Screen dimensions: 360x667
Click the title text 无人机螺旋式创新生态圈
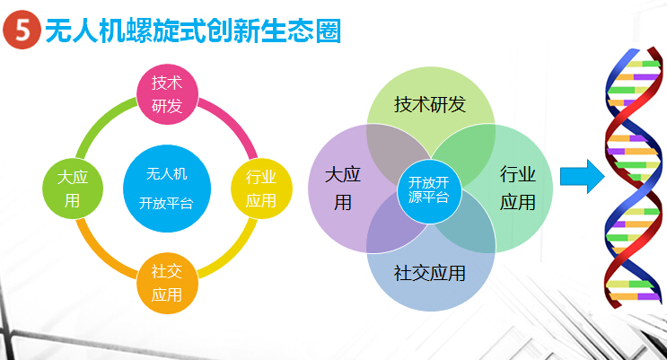pyautogui.click(x=192, y=31)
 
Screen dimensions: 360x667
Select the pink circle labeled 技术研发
pyautogui.click(x=167, y=94)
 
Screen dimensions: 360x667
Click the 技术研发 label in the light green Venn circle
pyautogui.click(x=430, y=105)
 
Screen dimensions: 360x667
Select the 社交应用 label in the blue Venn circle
pyautogui.click(x=430, y=273)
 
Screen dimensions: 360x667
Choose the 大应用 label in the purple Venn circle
pyautogui.click(x=342, y=188)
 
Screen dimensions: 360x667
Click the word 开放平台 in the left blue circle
pyautogui.click(x=167, y=204)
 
